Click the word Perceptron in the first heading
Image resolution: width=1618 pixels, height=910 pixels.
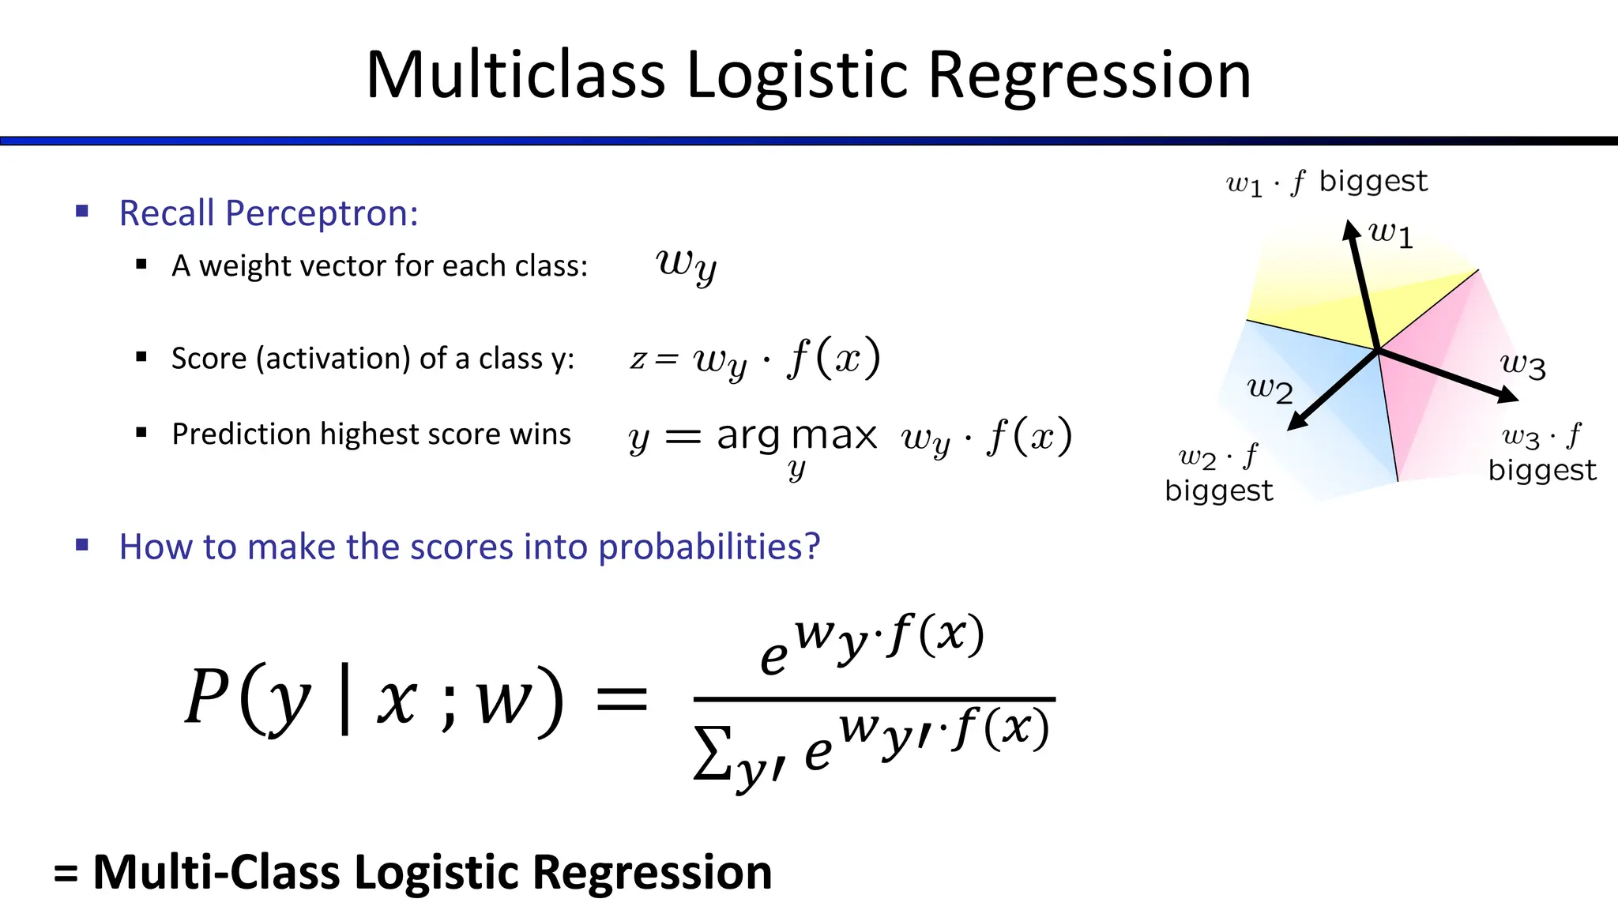(x=322, y=213)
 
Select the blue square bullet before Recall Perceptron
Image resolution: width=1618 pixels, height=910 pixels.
(x=82, y=212)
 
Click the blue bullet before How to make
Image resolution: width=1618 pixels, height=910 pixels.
(x=82, y=545)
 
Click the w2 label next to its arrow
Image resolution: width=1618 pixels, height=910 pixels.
(x=1270, y=389)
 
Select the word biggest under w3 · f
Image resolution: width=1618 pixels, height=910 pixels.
(x=1541, y=471)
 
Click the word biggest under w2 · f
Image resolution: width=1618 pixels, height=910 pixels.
(x=1218, y=491)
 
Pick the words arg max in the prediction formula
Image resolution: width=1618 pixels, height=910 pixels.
(x=796, y=436)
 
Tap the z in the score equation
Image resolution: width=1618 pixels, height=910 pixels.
(x=637, y=359)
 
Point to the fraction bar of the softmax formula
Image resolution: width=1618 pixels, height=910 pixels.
(x=874, y=699)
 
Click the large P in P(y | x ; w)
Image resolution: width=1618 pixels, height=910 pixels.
(x=207, y=697)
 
